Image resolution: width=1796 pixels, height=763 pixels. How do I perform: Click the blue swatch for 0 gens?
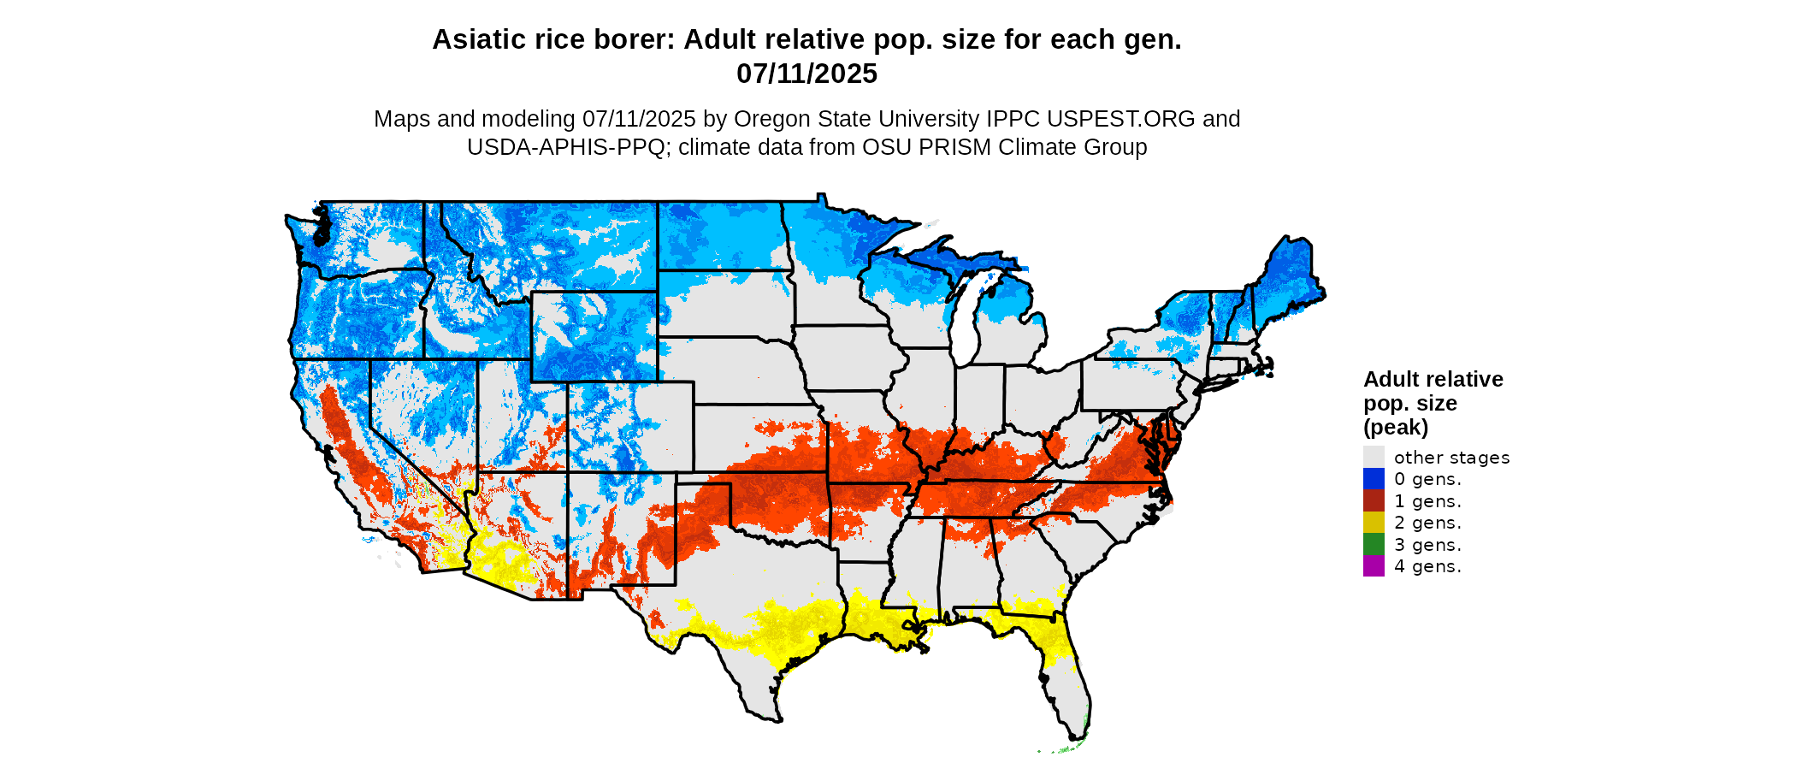click(x=1374, y=479)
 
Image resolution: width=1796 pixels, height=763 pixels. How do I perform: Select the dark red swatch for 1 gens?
click(x=1374, y=501)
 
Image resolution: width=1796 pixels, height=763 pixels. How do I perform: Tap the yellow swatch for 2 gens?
click(x=1374, y=523)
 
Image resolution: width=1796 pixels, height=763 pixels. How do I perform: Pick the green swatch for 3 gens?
click(x=1374, y=545)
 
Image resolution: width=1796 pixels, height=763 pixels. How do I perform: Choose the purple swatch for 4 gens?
click(x=1374, y=566)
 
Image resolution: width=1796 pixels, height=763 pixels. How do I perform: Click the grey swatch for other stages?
click(x=1374, y=457)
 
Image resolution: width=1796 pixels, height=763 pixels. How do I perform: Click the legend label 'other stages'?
click(x=1451, y=458)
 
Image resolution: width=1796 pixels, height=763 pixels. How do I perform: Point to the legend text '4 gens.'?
click(x=1427, y=566)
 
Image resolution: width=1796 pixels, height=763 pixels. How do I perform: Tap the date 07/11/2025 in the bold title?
click(x=806, y=74)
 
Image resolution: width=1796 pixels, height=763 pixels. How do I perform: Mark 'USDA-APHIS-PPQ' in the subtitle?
click(x=565, y=147)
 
